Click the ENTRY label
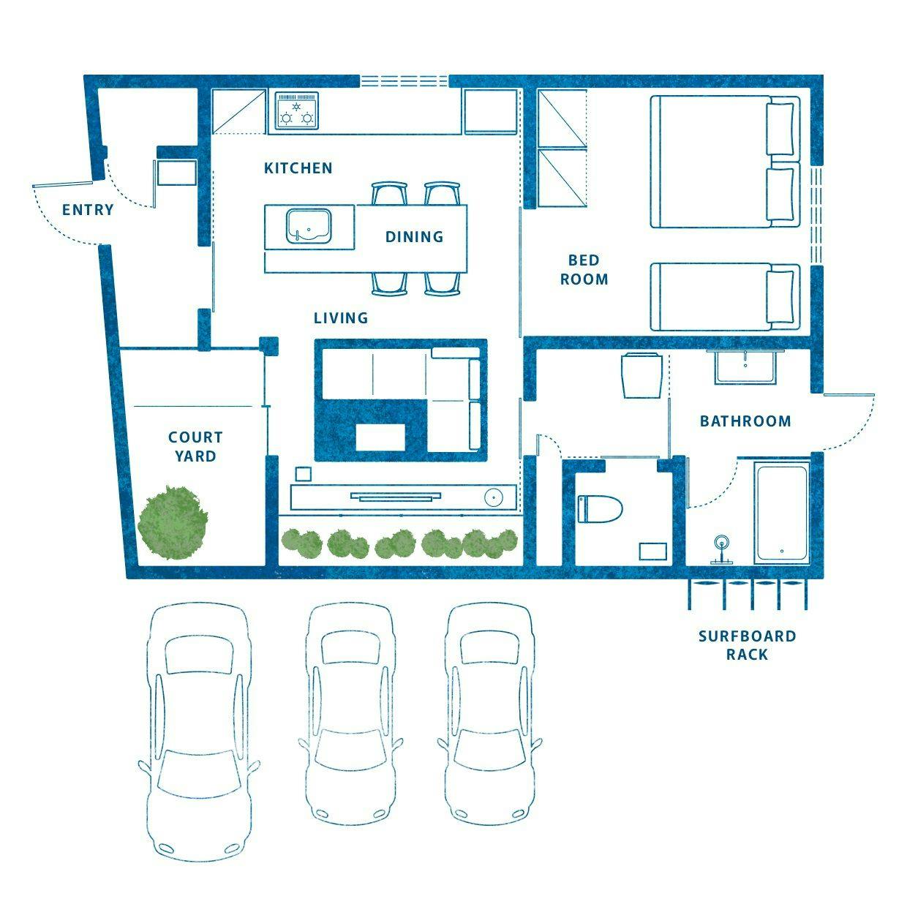[88, 209]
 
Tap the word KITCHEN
[298, 168]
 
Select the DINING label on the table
[414, 236]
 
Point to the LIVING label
[341, 317]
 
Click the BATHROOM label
[745, 421]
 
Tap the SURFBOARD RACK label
[747, 645]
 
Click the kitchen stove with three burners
[296, 110]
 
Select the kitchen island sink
[308, 226]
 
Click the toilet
[600, 509]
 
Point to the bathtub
[782, 513]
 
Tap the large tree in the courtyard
[173, 523]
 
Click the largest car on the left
[199, 732]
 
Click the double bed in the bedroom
[726, 162]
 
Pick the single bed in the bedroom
[726, 297]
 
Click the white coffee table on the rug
[380, 437]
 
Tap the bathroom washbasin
[745, 366]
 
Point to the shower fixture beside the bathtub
[721, 549]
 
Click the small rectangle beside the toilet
[652, 552]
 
